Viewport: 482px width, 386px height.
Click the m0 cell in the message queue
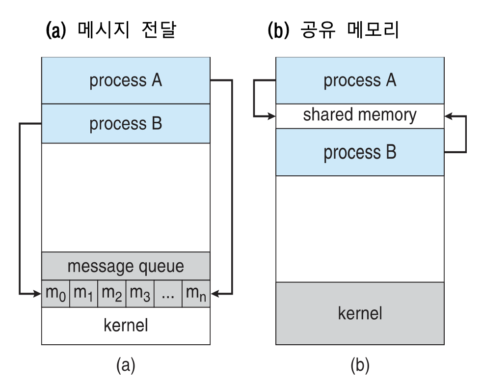click(x=55, y=294)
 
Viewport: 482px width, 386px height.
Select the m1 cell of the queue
click(x=83, y=294)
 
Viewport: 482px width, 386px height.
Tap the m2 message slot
click(x=112, y=294)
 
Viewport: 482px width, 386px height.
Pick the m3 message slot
click(x=140, y=294)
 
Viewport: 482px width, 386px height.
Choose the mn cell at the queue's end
click(x=196, y=294)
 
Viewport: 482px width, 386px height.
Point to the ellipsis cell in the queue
click(x=168, y=294)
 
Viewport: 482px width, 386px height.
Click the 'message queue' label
click(x=126, y=266)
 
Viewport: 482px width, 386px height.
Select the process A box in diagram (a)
click(x=126, y=81)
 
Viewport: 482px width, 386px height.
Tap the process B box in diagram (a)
click(x=126, y=124)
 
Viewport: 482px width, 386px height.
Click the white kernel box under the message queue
click(x=126, y=326)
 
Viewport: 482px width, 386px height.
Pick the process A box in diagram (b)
click(x=360, y=81)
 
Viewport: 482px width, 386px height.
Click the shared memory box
click(x=360, y=116)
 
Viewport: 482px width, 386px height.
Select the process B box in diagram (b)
click(x=360, y=153)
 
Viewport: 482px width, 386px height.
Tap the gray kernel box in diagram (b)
click(x=360, y=313)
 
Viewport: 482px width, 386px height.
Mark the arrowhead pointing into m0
click(x=37, y=294)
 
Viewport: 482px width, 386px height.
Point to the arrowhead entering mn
click(x=214, y=294)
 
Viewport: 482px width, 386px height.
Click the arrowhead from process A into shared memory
click(x=271, y=116)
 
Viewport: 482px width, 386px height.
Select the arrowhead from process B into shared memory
click(x=448, y=116)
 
